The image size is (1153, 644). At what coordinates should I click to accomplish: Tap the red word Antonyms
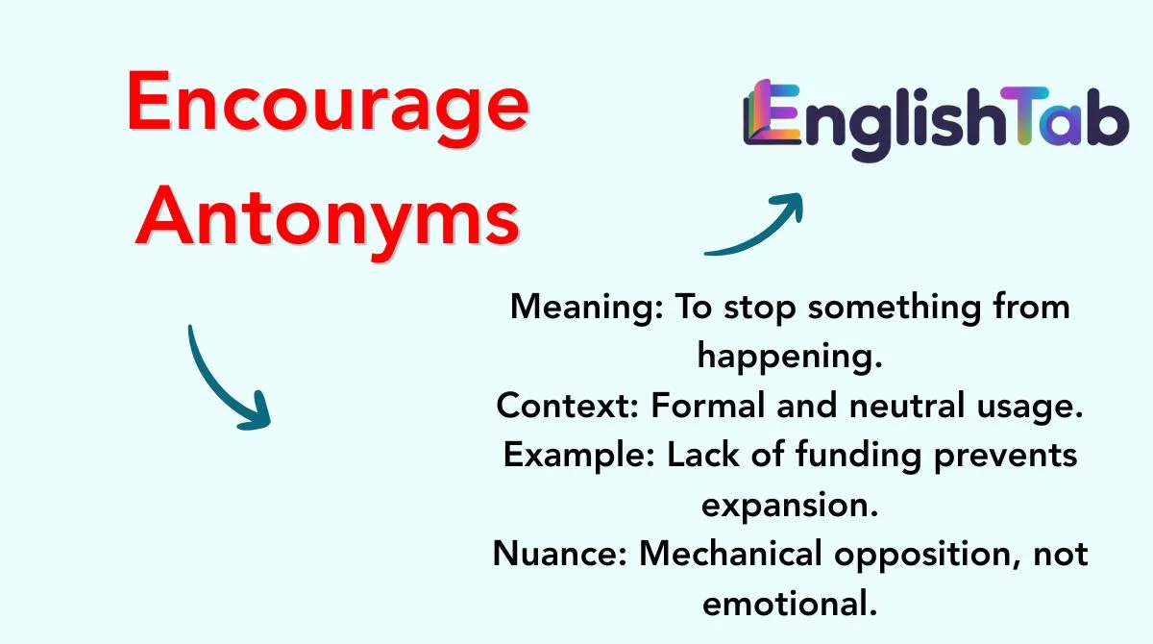tap(328, 222)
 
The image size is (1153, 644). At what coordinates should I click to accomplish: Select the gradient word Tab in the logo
tap(1065, 116)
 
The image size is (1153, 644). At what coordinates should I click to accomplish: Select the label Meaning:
tap(587, 309)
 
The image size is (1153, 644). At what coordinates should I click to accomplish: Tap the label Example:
tap(579, 457)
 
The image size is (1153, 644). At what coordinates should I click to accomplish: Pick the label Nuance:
tap(560, 554)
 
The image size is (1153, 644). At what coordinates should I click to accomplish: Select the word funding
tap(859, 457)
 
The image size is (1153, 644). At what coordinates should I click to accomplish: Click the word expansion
tap(790, 506)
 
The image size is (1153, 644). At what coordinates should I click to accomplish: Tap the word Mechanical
tap(730, 554)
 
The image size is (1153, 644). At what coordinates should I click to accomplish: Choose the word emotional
tap(790, 604)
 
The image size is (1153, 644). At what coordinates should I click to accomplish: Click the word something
tap(895, 309)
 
